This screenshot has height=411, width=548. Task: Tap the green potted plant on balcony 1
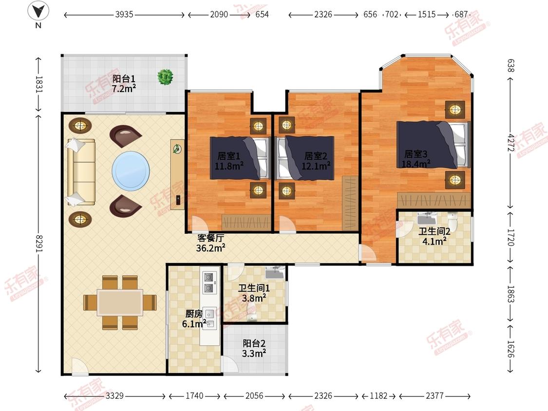(x=165, y=77)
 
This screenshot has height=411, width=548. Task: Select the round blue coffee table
(x=131, y=171)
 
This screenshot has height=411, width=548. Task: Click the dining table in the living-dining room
(x=120, y=302)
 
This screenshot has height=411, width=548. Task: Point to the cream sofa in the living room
(x=81, y=172)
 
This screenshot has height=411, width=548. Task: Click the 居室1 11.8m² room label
(x=229, y=161)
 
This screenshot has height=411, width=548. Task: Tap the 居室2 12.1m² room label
(x=316, y=161)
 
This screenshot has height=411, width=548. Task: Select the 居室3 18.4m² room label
(x=416, y=159)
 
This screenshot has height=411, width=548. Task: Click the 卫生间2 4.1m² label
(x=435, y=236)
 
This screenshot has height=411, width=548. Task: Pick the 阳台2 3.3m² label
(x=254, y=349)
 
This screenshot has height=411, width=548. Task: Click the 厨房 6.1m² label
(x=194, y=319)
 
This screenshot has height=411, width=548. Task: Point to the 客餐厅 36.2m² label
(x=211, y=243)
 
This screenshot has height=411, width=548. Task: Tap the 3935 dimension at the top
(x=124, y=14)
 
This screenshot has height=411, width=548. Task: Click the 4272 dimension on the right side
(x=510, y=142)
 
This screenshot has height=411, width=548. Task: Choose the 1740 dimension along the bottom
(x=194, y=395)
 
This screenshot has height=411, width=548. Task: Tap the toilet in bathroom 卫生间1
(x=251, y=313)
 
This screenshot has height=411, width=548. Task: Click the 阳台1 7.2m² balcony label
(x=124, y=84)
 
